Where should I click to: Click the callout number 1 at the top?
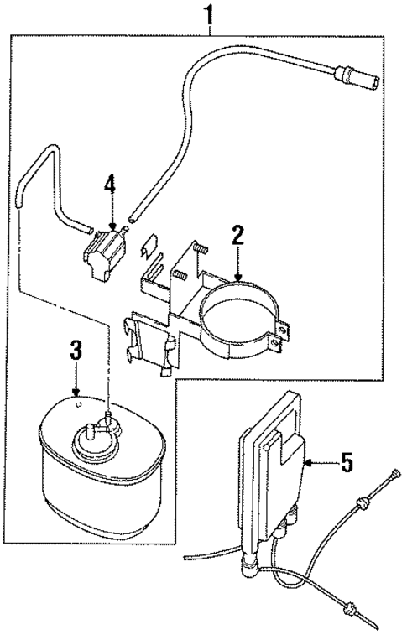pyautogui.click(x=208, y=15)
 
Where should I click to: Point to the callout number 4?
pyautogui.click(x=109, y=185)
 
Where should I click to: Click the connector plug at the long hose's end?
pyautogui.click(x=367, y=81)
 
